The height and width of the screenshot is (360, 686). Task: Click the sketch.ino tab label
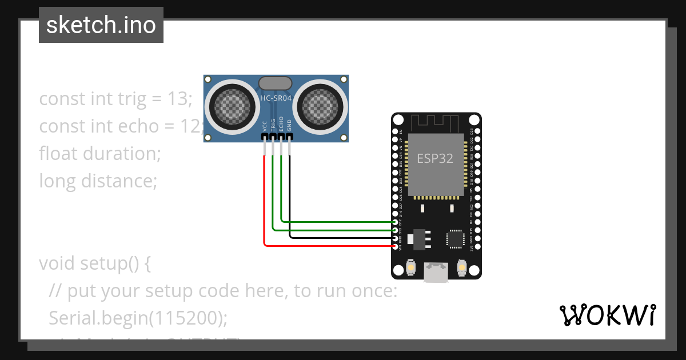[101, 25]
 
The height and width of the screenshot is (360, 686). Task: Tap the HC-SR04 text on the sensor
[276, 98]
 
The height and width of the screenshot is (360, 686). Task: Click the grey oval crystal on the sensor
[276, 83]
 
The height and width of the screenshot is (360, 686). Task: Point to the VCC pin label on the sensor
[264, 126]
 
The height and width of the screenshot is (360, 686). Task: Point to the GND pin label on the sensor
[289, 126]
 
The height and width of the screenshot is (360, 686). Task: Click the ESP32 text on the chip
[434, 158]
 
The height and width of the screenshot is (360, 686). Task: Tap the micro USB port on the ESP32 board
[436, 272]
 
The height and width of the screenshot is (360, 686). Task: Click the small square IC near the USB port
[455, 238]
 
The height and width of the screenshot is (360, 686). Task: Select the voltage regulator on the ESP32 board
[420, 238]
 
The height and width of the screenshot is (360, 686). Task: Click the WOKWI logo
[607, 315]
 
